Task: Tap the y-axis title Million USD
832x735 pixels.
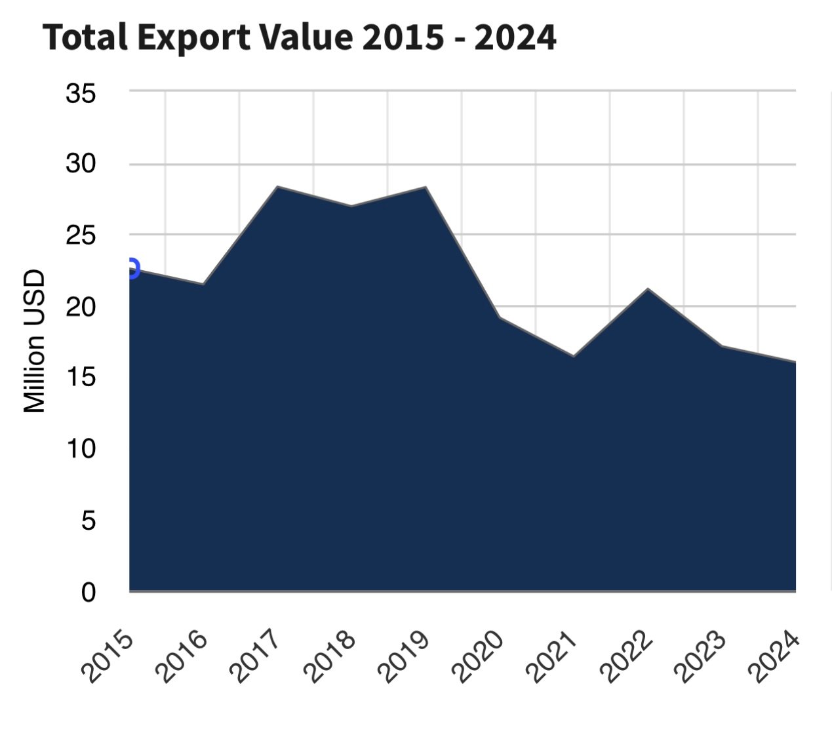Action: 34,342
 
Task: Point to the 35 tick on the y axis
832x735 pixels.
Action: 81,94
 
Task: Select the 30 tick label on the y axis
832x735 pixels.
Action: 81,164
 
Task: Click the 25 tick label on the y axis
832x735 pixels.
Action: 81,235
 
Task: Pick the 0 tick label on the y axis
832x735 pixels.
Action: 89,592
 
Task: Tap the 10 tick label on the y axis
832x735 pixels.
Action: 81,448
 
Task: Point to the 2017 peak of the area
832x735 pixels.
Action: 277,187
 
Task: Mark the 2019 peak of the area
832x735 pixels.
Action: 426,187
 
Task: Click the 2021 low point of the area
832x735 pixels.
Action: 574,356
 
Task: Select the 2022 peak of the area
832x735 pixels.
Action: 648,288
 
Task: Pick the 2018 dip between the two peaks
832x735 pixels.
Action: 351,206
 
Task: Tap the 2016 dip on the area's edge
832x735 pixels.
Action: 203,284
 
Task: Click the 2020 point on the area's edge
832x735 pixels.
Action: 500,317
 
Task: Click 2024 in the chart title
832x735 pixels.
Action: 515,37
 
